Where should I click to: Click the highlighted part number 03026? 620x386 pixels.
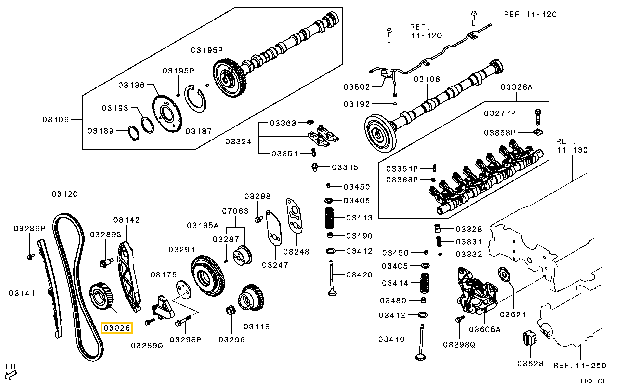tap(117, 328)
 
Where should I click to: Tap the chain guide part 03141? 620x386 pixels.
tap(50, 289)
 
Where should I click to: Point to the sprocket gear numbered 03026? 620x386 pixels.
tap(102, 296)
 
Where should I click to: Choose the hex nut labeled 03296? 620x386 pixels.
tap(231, 310)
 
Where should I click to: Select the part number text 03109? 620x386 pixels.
tap(56, 120)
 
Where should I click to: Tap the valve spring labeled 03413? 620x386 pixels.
tap(329, 218)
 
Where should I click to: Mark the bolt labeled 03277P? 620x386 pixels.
tap(537, 117)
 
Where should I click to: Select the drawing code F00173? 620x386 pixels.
tap(592, 381)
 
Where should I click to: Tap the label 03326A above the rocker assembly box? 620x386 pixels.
tap(517, 87)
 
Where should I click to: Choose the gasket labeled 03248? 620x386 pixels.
tap(294, 216)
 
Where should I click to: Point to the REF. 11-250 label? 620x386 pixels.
tap(580, 366)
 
